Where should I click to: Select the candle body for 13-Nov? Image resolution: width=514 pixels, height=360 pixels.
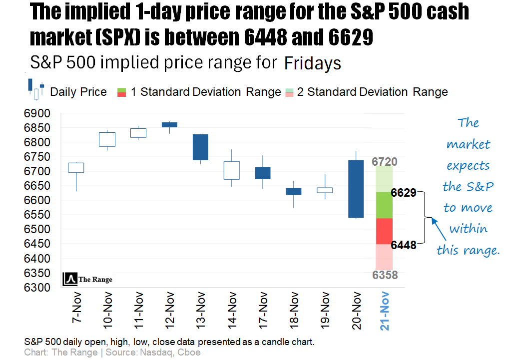(x=200, y=147)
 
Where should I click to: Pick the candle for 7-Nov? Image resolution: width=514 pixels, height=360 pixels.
(x=76, y=167)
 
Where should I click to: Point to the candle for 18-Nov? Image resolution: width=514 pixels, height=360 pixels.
(x=293, y=191)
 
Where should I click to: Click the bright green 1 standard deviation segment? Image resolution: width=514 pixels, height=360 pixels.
(x=384, y=205)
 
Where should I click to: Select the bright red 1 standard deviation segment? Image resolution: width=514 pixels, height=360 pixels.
(x=384, y=231)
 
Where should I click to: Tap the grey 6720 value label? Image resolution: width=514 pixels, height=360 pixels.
(x=384, y=162)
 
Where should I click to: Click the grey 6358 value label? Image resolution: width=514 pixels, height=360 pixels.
(x=384, y=275)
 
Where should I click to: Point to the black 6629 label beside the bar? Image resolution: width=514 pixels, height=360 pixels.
(x=404, y=193)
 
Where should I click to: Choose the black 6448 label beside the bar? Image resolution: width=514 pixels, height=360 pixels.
(x=404, y=245)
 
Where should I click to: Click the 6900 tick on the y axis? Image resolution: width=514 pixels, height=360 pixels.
(x=37, y=113)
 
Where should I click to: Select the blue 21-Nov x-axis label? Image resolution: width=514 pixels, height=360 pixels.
(x=385, y=311)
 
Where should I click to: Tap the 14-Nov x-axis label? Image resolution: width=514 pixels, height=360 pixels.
(x=231, y=311)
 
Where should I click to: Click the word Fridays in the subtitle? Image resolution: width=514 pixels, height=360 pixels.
(x=313, y=63)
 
